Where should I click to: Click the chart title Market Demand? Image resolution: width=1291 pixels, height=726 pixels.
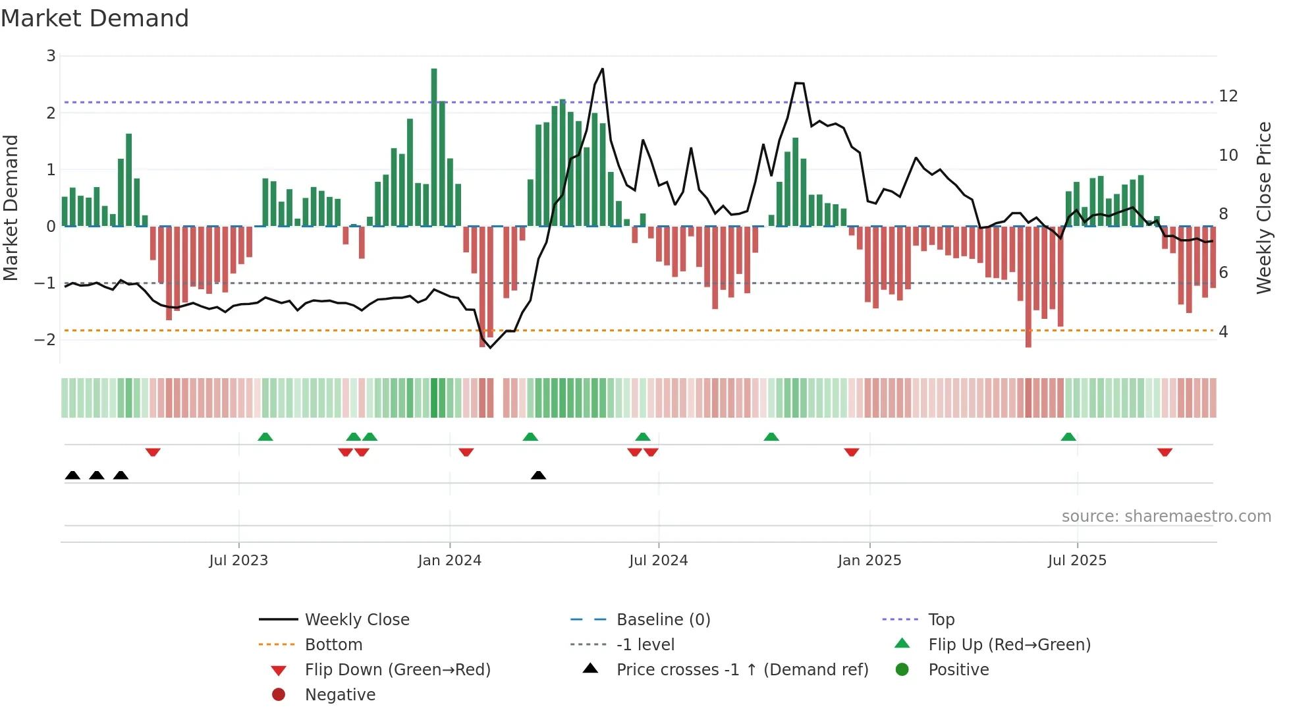point(95,18)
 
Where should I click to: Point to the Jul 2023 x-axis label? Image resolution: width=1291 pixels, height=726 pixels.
point(238,561)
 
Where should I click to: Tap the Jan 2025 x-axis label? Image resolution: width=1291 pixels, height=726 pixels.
point(869,561)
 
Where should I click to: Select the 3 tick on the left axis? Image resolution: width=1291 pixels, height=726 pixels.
point(51,56)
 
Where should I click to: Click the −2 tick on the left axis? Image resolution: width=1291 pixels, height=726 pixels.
point(45,340)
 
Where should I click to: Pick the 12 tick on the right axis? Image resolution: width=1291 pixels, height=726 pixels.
point(1228,96)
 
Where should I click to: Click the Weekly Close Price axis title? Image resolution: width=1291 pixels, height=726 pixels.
point(1263,208)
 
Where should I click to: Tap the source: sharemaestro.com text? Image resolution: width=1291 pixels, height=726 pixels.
point(1166,517)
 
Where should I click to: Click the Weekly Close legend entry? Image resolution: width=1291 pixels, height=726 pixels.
point(356,620)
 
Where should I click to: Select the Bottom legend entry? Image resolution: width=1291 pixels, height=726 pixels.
point(333,645)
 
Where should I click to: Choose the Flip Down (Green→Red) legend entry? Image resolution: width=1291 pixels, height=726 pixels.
point(397,670)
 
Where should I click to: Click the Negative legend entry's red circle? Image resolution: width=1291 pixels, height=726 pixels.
point(279,695)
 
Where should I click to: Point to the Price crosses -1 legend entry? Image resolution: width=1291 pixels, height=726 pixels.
point(742,670)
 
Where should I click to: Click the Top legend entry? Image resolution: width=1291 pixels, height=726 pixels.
point(941,620)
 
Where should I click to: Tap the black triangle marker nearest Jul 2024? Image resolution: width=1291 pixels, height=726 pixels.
point(538,476)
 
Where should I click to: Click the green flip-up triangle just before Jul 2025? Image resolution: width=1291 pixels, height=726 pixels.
point(1068,437)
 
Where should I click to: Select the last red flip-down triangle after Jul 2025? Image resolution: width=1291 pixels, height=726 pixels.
point(1165,452)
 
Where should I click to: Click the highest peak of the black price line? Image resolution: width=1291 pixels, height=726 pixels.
point(602,69)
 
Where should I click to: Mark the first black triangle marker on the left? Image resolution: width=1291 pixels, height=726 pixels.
point(72,476)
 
